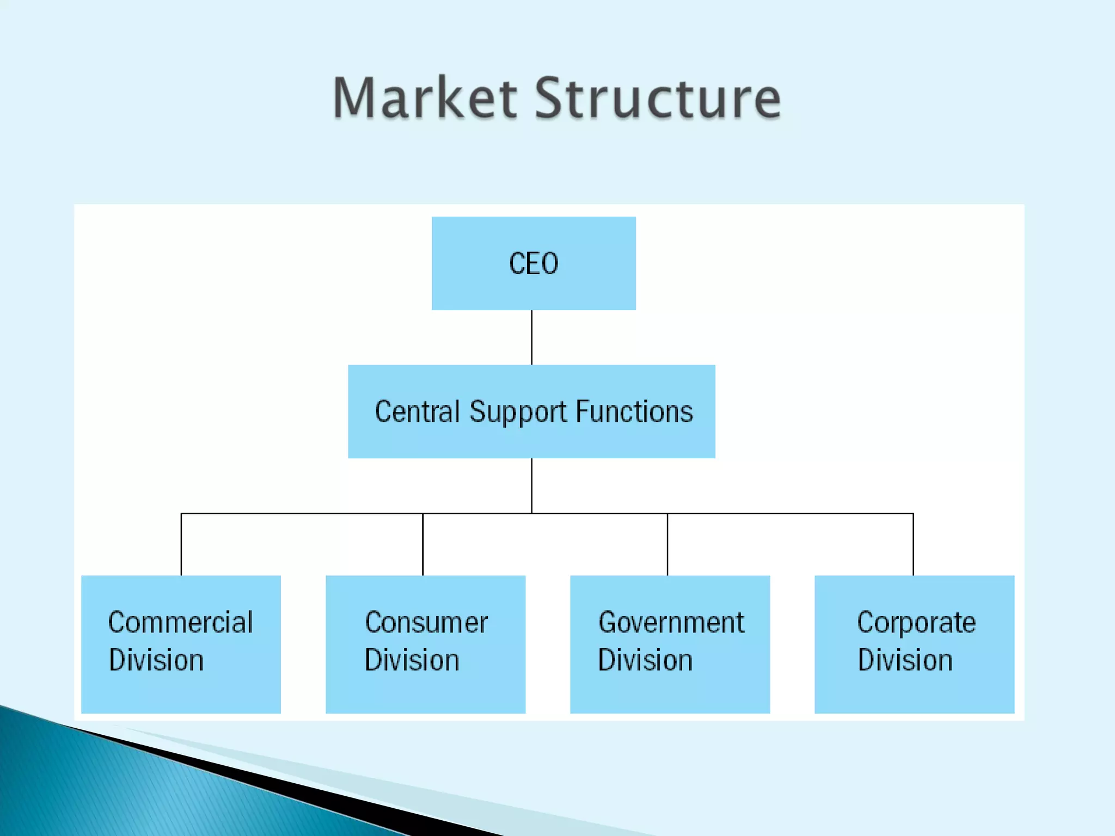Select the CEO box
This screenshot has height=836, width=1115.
(534, 263)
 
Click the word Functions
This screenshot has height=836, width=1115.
(634, 411)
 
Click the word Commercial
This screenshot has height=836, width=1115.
(180, 622)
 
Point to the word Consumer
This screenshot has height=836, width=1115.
(426, 622)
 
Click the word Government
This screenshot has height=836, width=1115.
(671, 622)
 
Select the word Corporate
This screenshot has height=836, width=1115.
(916, 623)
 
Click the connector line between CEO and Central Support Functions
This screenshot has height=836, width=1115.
(532, 337)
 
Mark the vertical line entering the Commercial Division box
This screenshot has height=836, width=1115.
(181, 544)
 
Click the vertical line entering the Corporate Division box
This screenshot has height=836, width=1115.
(913, 544)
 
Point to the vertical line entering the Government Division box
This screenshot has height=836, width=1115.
(667, 544)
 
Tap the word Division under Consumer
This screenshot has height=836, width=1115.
(412, 660)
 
